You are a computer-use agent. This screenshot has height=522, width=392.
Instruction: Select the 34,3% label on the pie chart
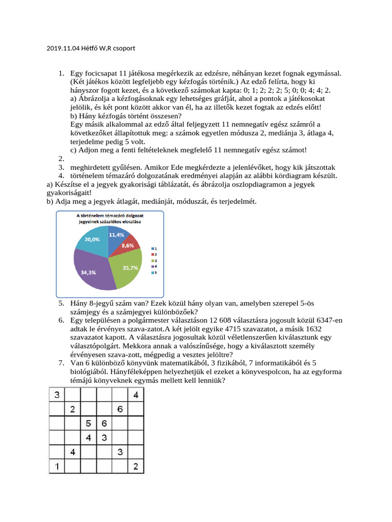click(88, 272)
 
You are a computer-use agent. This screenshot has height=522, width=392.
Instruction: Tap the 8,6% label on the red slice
click(128, 245)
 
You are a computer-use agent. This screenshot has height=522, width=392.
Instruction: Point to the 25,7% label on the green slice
click(131, 268)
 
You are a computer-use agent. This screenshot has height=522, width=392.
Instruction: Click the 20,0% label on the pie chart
click(92, 239)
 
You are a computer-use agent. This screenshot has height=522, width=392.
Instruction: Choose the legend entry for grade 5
click(153, 273)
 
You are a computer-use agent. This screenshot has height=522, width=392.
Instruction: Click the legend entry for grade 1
click(153, 248)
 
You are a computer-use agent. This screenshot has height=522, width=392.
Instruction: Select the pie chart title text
click(109, 219)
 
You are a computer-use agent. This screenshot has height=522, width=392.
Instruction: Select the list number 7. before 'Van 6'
click(61, 362)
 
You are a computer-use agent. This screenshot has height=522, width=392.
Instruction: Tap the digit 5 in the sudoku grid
click(88, 423)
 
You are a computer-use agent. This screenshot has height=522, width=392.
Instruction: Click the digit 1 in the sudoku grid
click(57, 466)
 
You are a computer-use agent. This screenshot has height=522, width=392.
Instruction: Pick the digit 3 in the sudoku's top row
click(57, 394)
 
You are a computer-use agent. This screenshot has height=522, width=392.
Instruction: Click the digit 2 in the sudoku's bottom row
click(135, 466)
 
